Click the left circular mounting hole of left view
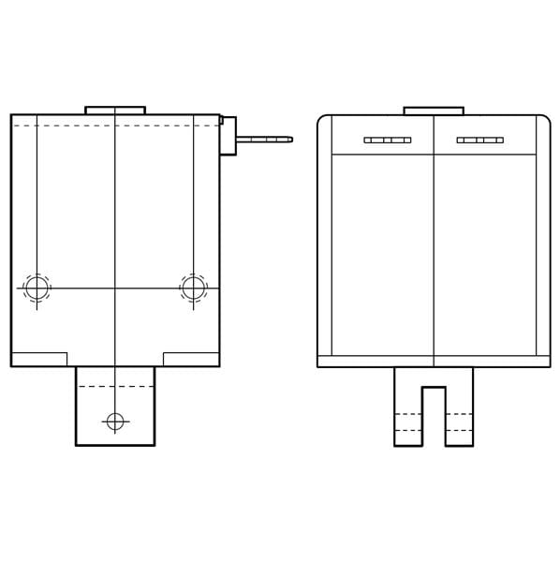[x=37, y=288]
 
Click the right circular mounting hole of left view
[x=194, y=288]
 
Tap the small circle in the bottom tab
[x=115, y=421]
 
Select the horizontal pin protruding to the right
[x=264, y=140]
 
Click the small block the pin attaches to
[x=228, y=136]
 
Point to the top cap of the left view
[x=115, y=111]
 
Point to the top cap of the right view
[x=434, y=111]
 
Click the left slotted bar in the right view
[x=388, y=140]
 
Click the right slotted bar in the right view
[x=480, y=140]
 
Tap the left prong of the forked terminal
[x=408, y=412]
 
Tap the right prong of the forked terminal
[x=459, y=412]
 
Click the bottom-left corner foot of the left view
[x=39, y=359]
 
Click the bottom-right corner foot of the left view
[x=191, y=359]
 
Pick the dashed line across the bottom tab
[x=115, y=386]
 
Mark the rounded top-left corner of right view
[x=323, y=121]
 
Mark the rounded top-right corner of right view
[x=544, y=121]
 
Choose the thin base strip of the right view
[x=434, y=362]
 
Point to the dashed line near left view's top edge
[x=115, y=126]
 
